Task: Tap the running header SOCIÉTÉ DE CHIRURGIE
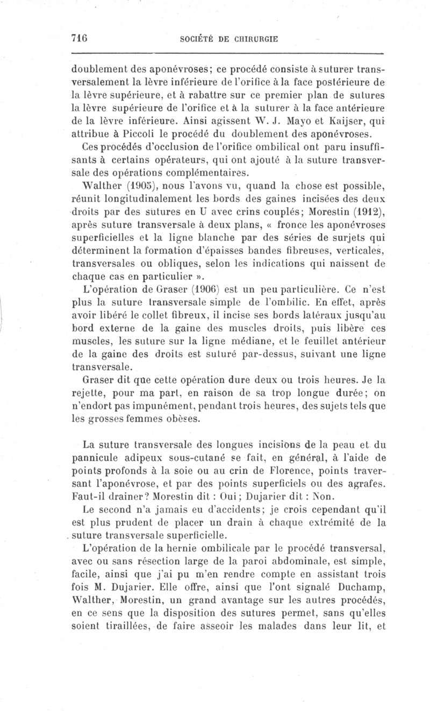click(x=228, y=39)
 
